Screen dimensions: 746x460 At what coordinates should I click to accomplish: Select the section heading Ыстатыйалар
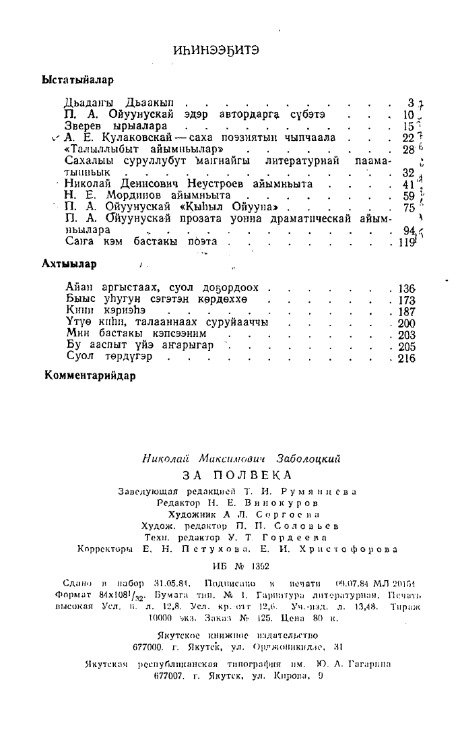tap(77, 80)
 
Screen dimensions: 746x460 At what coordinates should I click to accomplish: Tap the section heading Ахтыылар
tap(69, 263)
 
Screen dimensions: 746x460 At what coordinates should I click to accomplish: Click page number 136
tap(407, 288)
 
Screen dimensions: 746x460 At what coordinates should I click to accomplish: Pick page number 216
tap(407, 358)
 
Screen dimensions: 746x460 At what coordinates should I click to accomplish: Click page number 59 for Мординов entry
tap(407, 195)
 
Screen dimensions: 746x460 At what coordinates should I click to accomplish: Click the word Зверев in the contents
tap(82, 126)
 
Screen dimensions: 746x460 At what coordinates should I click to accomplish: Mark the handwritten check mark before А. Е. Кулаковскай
tap(56, 137)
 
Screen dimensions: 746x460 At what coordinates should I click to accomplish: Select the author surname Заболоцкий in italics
tap(306, 458)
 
